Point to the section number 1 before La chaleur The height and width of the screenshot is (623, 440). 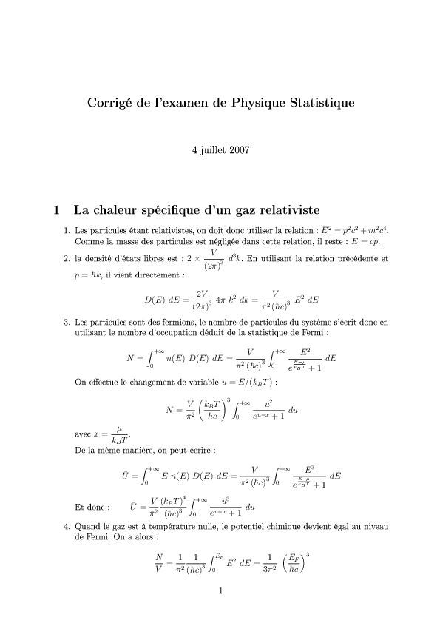point(58,209)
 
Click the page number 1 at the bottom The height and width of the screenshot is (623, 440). point(220,590)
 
